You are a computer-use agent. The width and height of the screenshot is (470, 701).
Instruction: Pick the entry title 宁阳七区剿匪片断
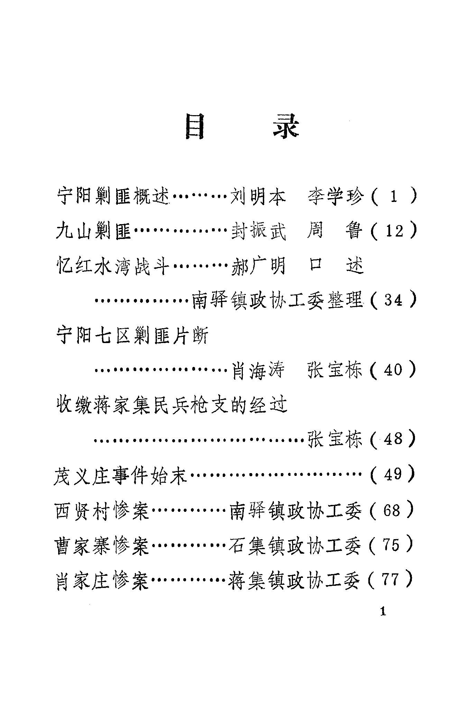point(132,335)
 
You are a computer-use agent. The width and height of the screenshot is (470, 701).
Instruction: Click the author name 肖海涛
point(258,370)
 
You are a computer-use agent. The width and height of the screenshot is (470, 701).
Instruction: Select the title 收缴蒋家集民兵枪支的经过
point(172,405)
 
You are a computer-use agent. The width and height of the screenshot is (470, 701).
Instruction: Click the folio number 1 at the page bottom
point(383,612)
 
